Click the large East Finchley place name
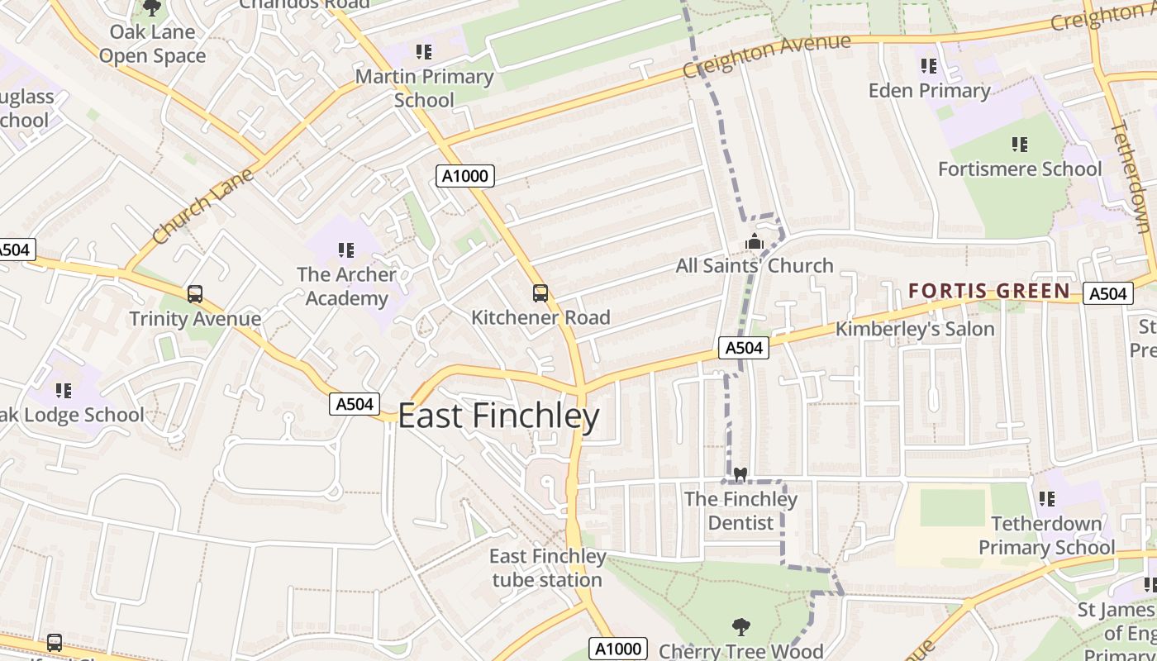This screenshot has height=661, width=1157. [498, 416]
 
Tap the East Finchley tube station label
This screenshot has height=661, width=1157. [547, 568]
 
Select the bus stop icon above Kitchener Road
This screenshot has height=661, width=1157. [540, 292]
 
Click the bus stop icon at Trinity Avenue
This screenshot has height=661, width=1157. [195, 294]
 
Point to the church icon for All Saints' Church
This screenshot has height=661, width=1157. [754, 242]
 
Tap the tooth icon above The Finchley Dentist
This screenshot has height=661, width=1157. [740, 475]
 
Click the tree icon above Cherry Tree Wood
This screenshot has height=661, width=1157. [741, 627]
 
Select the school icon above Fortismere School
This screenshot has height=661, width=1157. [1020, 145]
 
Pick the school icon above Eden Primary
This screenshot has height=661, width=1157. [929, 65]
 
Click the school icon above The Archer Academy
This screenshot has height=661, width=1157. [346, 250]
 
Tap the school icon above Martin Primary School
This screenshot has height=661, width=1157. [424, 52]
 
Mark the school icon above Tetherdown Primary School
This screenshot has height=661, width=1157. [1047, 499]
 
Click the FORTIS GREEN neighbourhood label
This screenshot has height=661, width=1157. [989, 291]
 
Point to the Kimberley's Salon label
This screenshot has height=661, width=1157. [915, 329]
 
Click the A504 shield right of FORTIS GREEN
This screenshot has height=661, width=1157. [1107, 293]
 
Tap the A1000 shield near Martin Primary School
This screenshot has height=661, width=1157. [465, 175]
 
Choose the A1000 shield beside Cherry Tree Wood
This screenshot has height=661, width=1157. [617, 649]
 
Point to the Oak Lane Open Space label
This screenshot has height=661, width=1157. [152, 44]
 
